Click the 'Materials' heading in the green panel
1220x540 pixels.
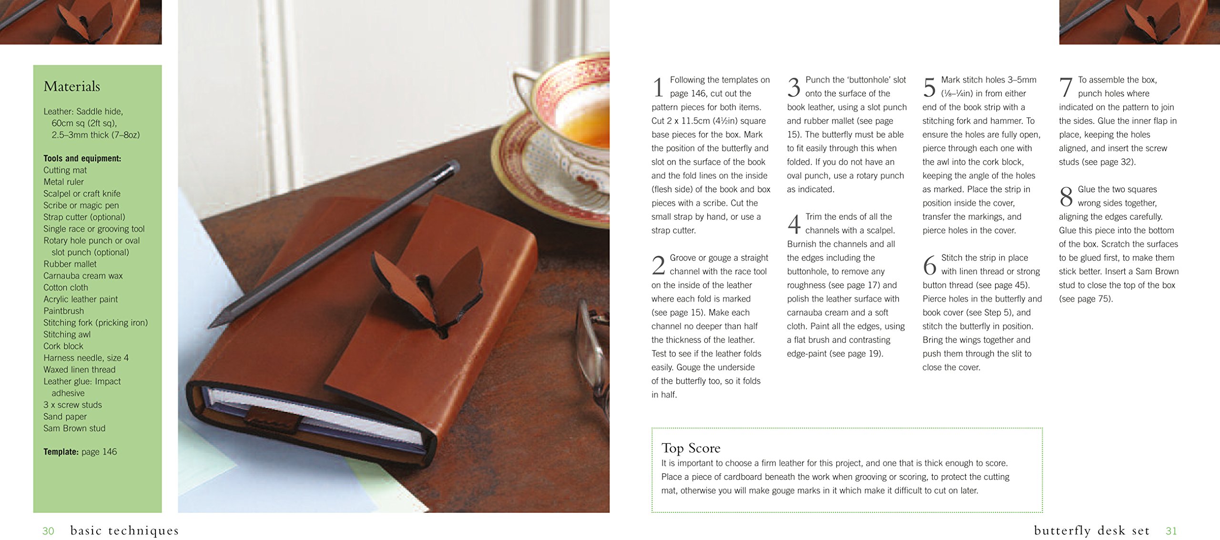(x=71, y=86)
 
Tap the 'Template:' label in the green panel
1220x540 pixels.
(x=61, y=452)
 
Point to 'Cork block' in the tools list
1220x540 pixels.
(x=63, y=346)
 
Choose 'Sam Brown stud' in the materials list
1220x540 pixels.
(x=74, y=428)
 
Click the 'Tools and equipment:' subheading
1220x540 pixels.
(x=82, y=158)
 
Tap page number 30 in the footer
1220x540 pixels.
(x=48, y=531)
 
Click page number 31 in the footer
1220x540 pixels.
(x=1171, y=531)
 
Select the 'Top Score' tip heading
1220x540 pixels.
(x=691, y=448)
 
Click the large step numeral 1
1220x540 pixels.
(x=658, y=88)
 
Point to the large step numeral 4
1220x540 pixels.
(x=794, y=224)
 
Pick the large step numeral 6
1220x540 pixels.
(x=930, y=265)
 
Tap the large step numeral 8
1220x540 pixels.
(x=1066, y=197)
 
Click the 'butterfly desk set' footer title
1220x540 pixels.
(x=1092, y=530)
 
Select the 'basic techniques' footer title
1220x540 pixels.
(x=124, y=530)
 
